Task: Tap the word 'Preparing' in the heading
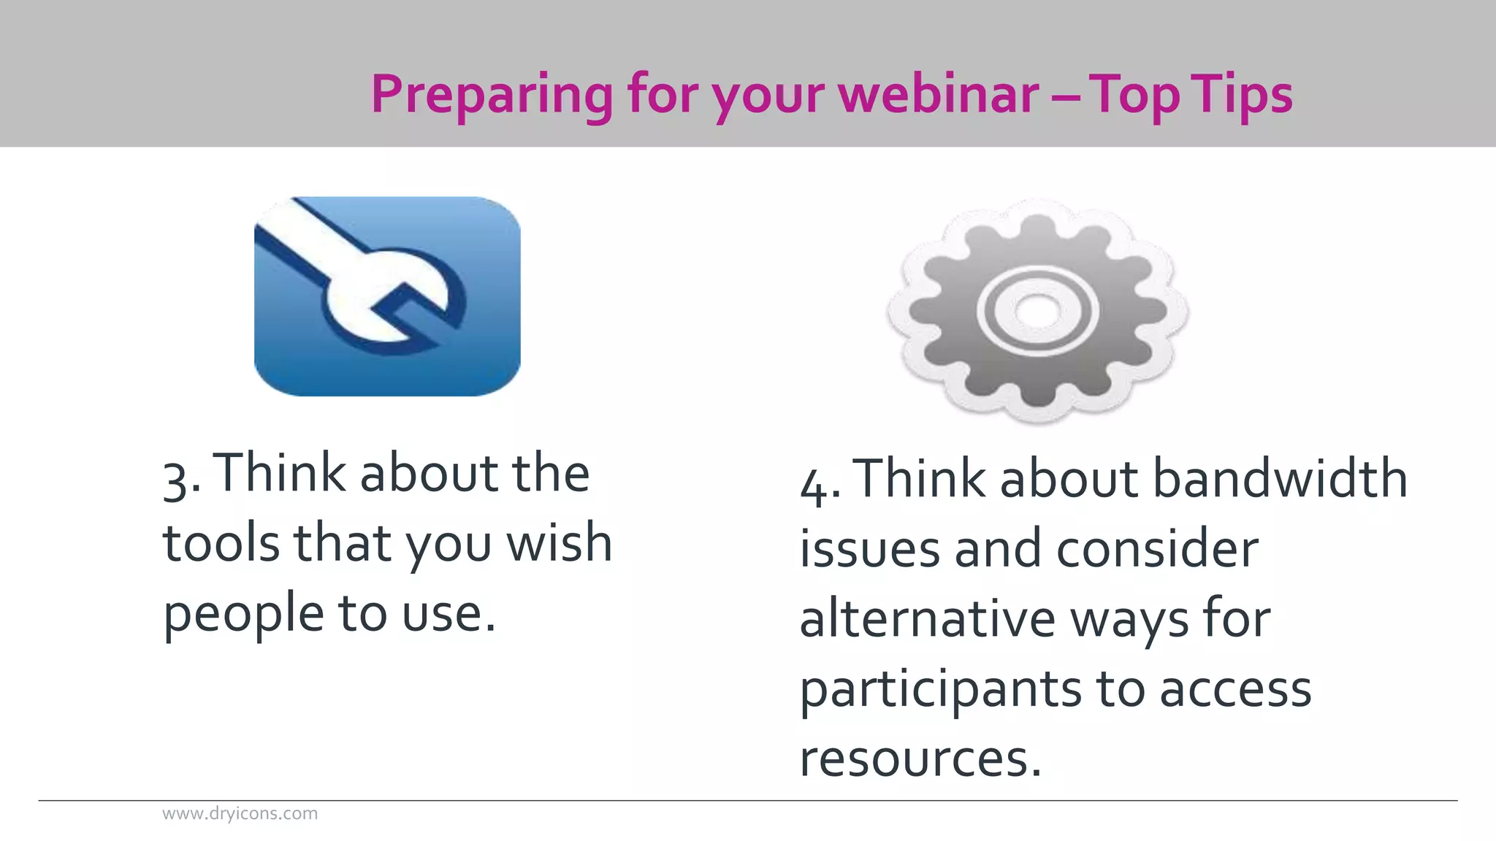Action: [492, 96]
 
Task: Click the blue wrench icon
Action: [387, 296]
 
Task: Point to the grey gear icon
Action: [1037, 310]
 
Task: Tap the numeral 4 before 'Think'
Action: [814, 485]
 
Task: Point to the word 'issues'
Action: [869, 549]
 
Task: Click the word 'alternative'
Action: [928, 619]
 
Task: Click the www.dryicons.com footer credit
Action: [240, 813]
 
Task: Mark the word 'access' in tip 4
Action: [1235, 689]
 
